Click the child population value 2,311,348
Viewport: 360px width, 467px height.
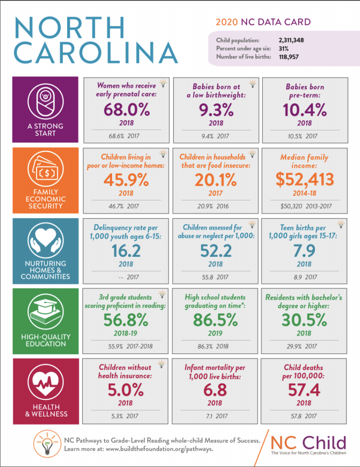pos(291,40)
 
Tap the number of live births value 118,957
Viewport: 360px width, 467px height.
pos(288,57)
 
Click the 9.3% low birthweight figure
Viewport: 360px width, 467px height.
pos(215,109)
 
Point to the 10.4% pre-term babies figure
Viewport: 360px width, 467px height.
pos(304,109)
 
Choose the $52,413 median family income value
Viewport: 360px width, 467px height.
pos(304,180)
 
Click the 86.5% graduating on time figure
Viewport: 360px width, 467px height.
pos(215,320)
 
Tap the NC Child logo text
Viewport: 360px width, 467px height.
pos(309,442)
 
